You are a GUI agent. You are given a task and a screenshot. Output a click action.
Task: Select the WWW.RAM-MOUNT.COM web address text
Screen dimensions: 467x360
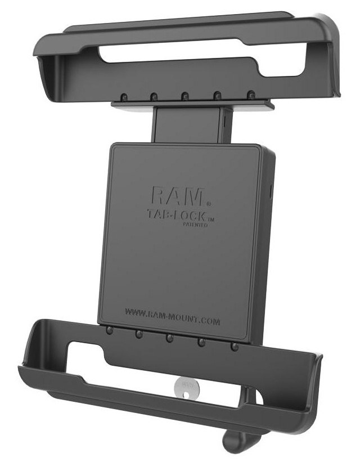click(x=172, y=309)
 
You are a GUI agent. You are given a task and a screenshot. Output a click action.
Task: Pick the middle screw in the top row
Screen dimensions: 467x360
click(x=184, y=96)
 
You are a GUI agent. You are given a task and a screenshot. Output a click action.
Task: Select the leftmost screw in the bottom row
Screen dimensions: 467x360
click(x=109, y=330)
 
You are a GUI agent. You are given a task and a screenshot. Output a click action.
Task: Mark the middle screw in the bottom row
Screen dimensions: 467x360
click(x=169, y=338)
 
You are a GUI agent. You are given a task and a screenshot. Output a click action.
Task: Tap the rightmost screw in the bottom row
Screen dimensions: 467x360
click(x=235, y=347)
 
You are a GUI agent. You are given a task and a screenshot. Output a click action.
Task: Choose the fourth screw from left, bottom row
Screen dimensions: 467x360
click(x=201, y=343)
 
